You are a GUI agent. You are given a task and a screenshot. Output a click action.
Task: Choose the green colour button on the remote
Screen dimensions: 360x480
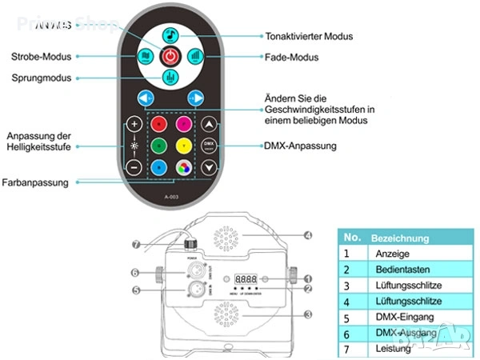pos(159,146)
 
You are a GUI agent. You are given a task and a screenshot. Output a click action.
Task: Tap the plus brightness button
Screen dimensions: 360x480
pos(134,125)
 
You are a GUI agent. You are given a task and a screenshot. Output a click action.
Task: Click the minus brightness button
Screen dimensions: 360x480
pos(134,168)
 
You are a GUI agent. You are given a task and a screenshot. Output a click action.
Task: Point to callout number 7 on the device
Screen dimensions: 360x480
pos(136,243)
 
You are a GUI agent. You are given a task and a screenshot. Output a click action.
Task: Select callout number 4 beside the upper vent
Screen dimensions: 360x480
pos(307,235)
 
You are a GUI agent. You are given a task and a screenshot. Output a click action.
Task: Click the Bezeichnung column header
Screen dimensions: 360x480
pos(400,238)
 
